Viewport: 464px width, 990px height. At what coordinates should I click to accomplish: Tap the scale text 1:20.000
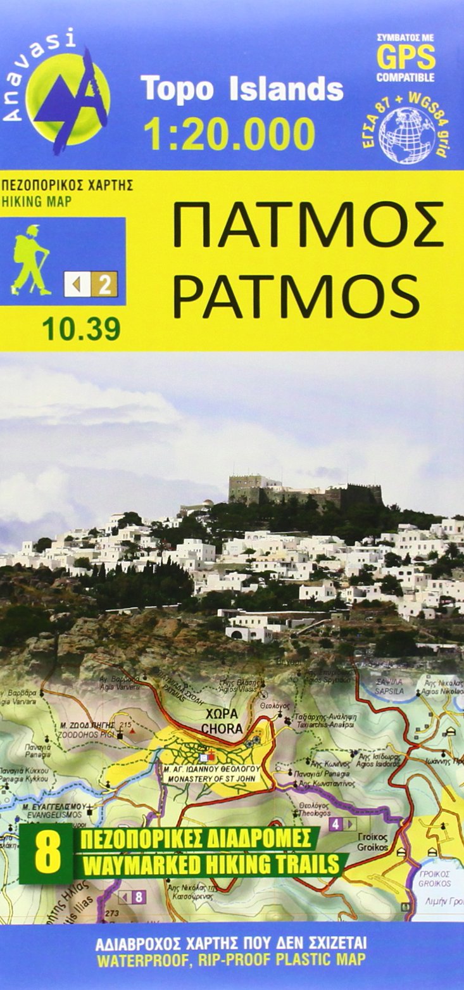(229, 134)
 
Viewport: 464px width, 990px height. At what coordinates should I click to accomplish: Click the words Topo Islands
(242, 89)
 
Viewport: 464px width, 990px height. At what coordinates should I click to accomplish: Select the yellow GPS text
(406, 58)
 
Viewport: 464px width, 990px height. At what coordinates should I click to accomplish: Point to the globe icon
(406, 135)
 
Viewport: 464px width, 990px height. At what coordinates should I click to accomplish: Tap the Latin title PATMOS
(296, 296)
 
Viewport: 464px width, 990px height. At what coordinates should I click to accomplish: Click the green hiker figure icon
(31, 260)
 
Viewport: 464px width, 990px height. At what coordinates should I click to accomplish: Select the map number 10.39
(81, 329)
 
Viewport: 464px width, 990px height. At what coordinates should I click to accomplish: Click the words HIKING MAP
(37, 202)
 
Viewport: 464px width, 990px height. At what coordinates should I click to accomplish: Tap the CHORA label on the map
(222, 728)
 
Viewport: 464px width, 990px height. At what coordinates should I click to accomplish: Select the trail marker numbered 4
(335, 824)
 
